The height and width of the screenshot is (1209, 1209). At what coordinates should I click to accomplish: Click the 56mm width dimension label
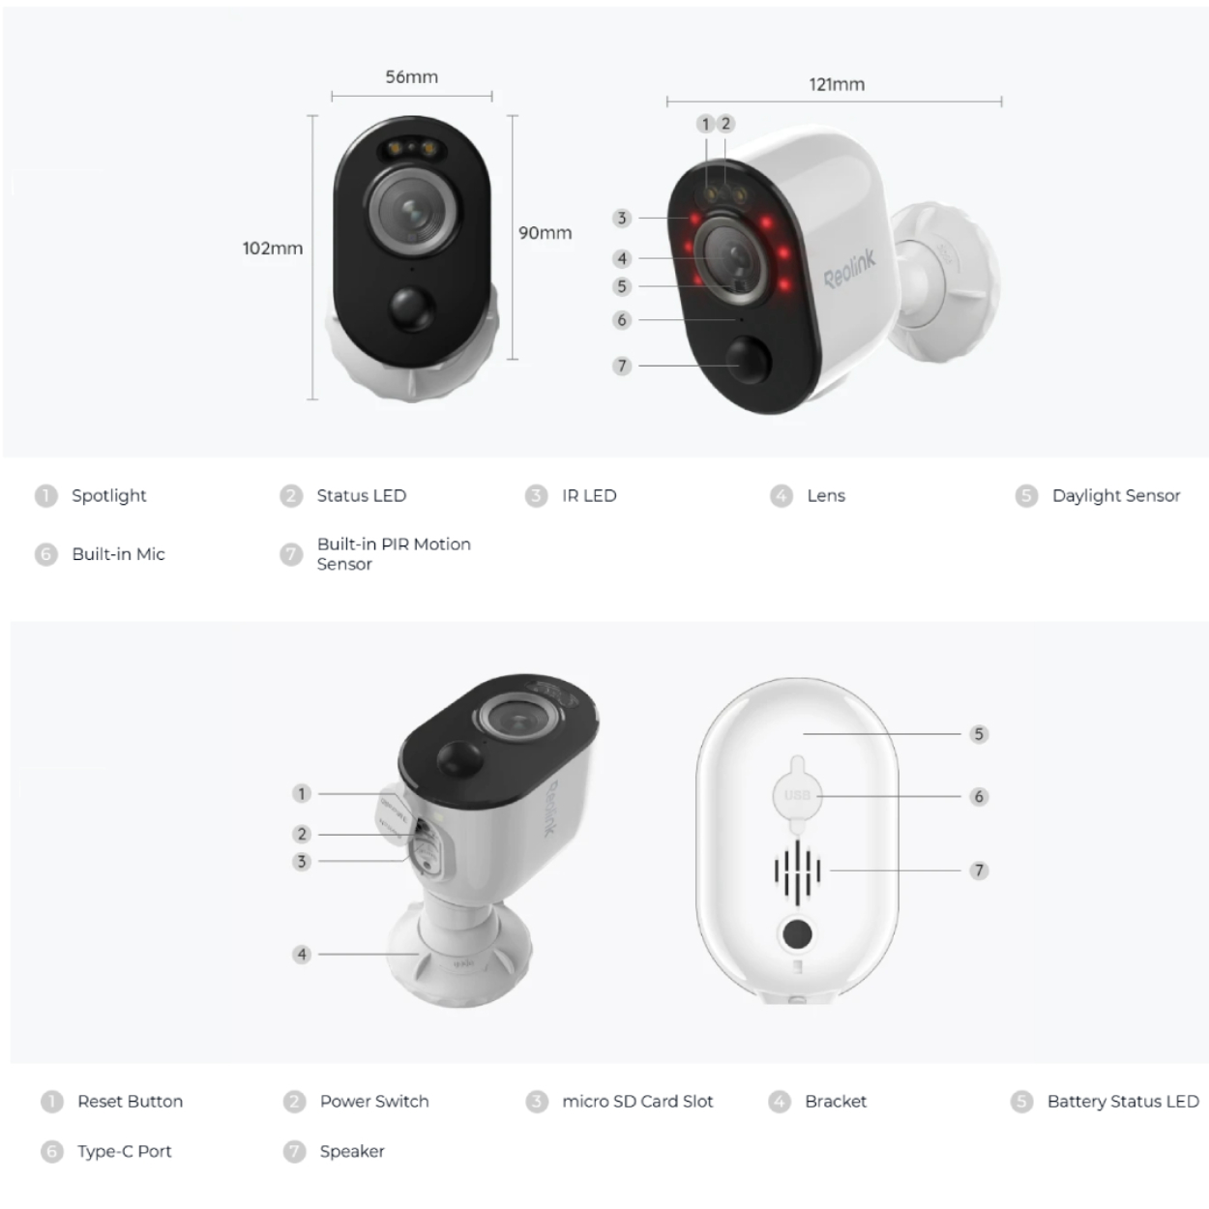pyautogui.click(x=412, y=77)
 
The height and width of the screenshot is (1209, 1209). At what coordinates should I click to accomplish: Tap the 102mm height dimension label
pyautogui.click(x=273, y=249)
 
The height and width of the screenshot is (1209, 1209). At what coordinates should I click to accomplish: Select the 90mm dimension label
pyautogui.click(x=545, y=233)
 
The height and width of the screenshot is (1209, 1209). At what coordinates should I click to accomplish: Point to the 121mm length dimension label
pyautogui.click(x=837, y=84)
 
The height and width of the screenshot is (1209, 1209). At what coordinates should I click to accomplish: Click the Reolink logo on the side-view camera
pyautogui.click(x=849, y=269)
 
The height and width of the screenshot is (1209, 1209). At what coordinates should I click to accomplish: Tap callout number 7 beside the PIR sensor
pyautogui.click(x=622, y=366)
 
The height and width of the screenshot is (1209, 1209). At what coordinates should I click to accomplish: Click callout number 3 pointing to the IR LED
pyautogui.click(x=622, y=219)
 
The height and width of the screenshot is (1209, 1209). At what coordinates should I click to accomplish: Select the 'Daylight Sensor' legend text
pyautogui.click(x=1116, y=495)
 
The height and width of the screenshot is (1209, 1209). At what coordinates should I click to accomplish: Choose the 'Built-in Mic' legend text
pyautogui.click(x=119, y=554)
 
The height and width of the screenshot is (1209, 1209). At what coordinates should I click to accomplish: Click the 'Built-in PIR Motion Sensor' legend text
pyautogui.click(x=394, y=554)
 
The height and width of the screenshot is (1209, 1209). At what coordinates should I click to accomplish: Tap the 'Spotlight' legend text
pyautogui.click(x=109, y=495)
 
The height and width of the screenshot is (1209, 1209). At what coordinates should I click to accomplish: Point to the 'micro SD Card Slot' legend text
pyautogui.click(x=637, y=1101)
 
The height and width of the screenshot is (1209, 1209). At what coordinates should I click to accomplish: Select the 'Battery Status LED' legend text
pyautogui.click(x=1123, y=1101)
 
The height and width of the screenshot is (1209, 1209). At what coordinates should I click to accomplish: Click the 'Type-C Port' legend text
pyautogui.click(x=124, y=1151)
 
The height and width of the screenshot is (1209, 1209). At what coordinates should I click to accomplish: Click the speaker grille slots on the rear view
pyautogui.click(x=797, y=870)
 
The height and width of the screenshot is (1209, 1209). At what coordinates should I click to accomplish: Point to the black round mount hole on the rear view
pyautogui.click(x=797, y=934)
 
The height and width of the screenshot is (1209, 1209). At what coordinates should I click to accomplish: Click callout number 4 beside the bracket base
pyautogui.click(x=302, y=955)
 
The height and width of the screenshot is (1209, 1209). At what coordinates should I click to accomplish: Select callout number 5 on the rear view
pyautogui.click(x=979, y=734)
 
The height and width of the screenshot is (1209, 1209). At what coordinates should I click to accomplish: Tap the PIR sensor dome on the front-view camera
pyautogui.click(x=411, y=308)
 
